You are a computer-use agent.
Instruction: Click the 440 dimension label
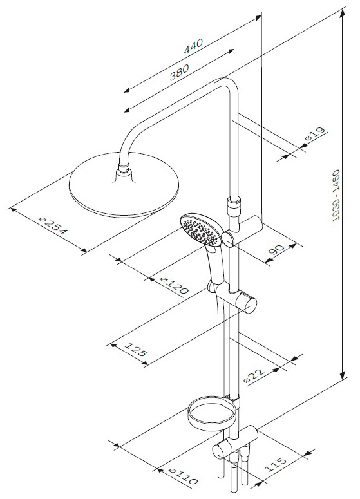click(193, 46)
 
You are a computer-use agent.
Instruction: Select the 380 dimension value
click(179, 72)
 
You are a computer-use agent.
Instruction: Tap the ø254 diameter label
click(53, 225)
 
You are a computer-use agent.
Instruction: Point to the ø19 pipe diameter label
click(315, 134)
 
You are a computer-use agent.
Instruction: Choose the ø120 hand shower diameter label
click(175, 285)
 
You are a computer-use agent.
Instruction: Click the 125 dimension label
click(136, 349)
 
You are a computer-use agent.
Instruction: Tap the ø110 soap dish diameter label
click(183, 476)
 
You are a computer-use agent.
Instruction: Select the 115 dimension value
click(276, 464)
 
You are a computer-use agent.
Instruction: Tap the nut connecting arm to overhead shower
click(124, 169)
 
